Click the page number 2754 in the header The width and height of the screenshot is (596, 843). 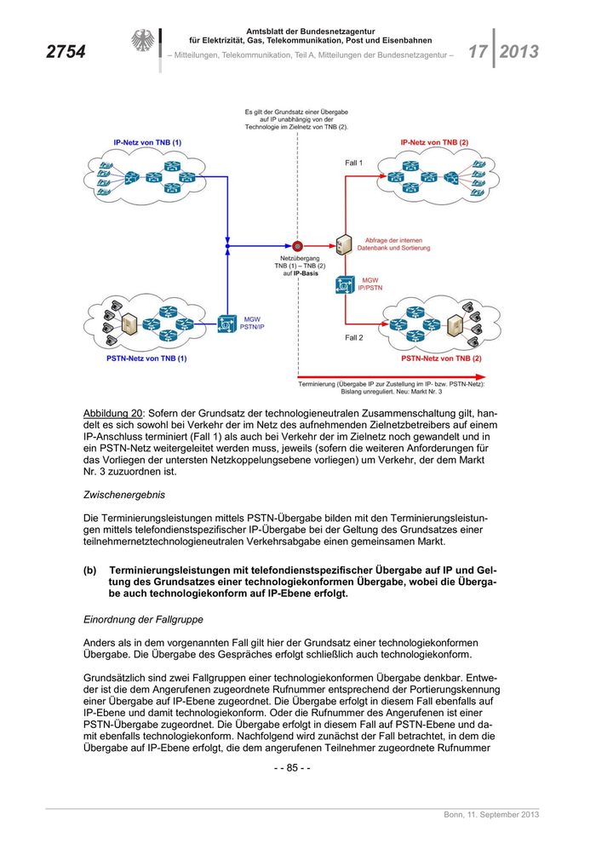[x=66, y=52]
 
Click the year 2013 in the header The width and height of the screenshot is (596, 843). [x=519, y=51]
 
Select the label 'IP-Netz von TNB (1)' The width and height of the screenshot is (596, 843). [x=147, y=142]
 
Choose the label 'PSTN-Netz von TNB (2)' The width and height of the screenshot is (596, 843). [x=441, y=358]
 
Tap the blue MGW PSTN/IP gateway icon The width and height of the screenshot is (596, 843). [x=227, y=324]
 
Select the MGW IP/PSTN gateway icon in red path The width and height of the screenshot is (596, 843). [x=344, y=284]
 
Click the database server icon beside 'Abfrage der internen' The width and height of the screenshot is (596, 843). [x=344, y=246]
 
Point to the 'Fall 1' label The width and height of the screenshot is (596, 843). [x=354, y=162]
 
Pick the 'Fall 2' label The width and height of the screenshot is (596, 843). [x=354, y=338]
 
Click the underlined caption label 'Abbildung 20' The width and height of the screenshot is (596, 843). [x=112, y=413]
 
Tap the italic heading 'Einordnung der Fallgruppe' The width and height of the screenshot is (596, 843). [x=142, y=621]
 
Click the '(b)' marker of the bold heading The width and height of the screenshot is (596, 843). [x=89, y=570]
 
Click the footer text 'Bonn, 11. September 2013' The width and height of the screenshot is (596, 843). [x=491, y=816]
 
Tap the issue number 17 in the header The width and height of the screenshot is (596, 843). [x=477, y=51]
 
